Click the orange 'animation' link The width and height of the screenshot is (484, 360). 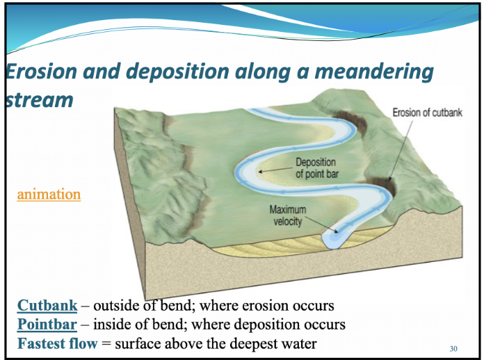point(49,194)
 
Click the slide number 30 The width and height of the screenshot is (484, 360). point(453,348)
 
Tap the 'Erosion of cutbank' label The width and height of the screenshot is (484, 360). point(428,113)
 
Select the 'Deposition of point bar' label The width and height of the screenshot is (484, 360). point(317,168)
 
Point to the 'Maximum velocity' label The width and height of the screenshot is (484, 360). point(288,215)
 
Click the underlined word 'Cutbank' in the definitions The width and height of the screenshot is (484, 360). point(47,306)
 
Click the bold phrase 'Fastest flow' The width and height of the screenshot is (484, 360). point(58,343)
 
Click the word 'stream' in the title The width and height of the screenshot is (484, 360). point(39,99)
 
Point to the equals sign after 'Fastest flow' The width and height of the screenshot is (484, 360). point(106,344)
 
